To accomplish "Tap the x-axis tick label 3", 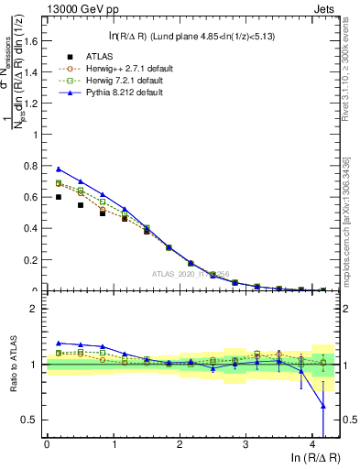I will [x=245, y=445].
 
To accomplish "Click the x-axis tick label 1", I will [x=113, y=445].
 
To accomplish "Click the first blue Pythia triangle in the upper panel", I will [x=60, y=169].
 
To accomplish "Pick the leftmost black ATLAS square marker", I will [x=60, y=197].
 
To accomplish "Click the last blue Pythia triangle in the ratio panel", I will [x=322, y=405].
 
